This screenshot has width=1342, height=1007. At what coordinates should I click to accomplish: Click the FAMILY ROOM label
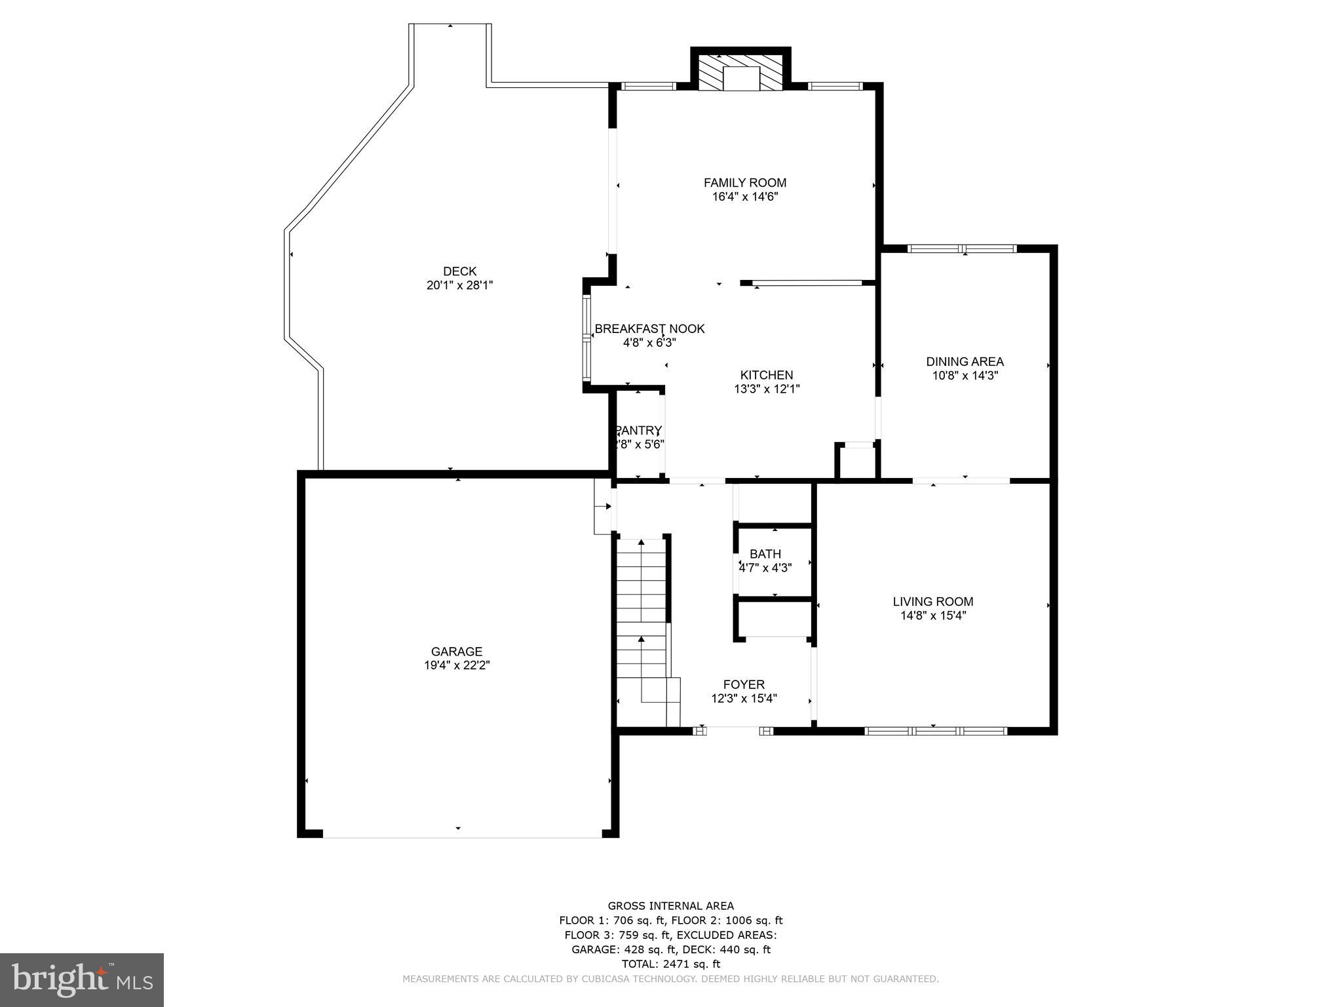pos(744,183)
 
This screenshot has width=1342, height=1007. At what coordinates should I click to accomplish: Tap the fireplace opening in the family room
pos(740,79)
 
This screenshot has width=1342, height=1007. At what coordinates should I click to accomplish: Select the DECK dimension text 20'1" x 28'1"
pos(459,285)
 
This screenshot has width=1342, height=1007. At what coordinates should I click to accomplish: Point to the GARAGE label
pos(457,651)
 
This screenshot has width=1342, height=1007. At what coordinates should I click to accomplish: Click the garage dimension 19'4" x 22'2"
pos(457,665)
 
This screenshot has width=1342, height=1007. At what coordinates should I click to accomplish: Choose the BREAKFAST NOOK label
pos(649,328)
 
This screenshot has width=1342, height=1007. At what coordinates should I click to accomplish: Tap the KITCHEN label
pos(767,375)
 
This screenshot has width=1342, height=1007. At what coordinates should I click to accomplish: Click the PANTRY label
pos(639,430)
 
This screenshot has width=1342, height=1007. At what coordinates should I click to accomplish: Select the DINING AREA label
pos(965,361)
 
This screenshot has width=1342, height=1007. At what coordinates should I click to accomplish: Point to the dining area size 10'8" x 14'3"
pos(965,376)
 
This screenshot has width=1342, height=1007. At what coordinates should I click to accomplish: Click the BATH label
pos(765,554)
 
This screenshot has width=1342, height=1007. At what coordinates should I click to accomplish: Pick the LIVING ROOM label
pos(933,601)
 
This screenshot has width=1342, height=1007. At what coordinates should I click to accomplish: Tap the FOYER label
pos(744,684)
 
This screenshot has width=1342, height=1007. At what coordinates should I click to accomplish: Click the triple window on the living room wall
pos(936,730)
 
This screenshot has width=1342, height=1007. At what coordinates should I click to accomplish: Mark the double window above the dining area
pos(962,248)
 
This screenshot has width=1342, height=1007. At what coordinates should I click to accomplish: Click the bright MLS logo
pos(81,979)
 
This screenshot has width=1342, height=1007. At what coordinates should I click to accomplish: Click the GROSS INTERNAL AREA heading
pos(670,906)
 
